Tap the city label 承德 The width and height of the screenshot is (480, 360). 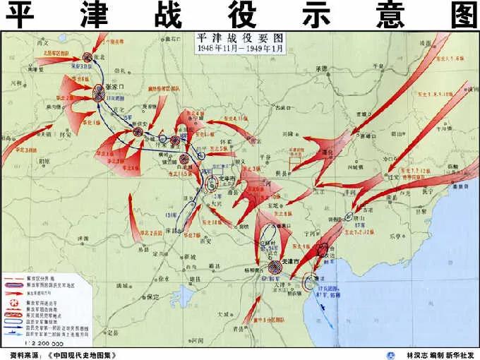pos(322,68)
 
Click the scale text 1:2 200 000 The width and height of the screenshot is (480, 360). pos(25,338)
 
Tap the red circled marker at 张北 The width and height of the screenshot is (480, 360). pos(88,58)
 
